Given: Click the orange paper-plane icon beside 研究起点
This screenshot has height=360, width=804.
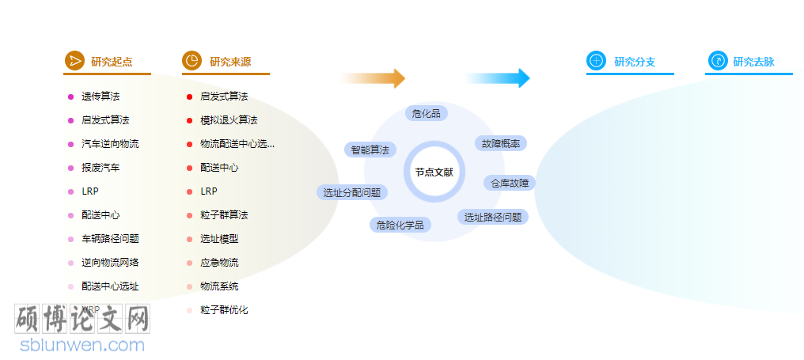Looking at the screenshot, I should (74, 61).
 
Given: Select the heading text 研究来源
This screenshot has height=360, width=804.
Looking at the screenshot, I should (230, 62).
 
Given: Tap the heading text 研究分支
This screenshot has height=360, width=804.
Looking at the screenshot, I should (635, 62).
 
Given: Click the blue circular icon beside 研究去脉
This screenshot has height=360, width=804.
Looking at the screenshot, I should (717, 61).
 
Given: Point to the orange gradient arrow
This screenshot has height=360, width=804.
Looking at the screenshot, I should (373, 78).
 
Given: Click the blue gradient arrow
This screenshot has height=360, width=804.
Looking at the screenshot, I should (498, 78).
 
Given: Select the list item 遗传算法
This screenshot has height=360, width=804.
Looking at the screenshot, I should (100, 97).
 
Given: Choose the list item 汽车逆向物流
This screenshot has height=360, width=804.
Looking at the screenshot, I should (110, 144).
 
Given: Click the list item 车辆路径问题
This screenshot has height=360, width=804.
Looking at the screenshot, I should (110, 239).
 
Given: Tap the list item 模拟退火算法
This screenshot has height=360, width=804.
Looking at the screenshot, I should (229, 120).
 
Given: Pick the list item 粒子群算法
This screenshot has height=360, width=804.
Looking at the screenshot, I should (224, 215).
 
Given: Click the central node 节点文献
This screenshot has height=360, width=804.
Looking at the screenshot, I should (434, 172).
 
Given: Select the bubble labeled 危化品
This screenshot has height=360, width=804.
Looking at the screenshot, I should (427, 113).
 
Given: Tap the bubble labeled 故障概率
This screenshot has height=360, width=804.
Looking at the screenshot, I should (501, 143).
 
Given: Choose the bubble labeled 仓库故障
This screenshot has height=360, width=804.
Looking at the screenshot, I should (510, 183).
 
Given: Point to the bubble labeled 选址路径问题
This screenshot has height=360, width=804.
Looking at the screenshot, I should (492, 217).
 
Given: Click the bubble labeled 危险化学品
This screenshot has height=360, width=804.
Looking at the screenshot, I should (400, 225).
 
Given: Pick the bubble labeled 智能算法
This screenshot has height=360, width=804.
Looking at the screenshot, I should (370, 150).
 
